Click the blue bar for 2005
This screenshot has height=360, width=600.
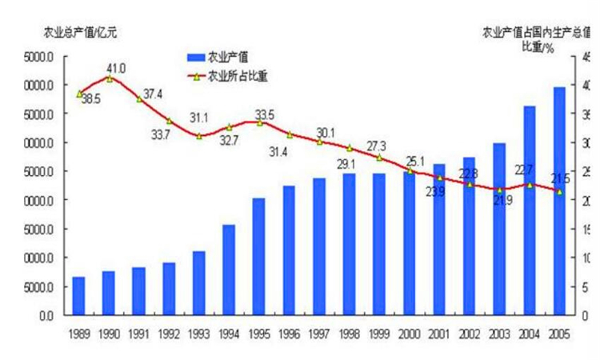point(559,201)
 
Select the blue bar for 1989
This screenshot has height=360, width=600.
point(78,296)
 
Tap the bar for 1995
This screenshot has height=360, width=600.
point(259,257)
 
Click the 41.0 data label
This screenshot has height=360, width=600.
point(117,67)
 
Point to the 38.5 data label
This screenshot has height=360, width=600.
point(90,100)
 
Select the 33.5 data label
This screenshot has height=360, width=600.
point(264,113)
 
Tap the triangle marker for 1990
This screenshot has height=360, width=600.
point(110,78)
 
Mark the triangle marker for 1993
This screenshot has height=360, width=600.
point(199,136)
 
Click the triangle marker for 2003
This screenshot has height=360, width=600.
point(499,190)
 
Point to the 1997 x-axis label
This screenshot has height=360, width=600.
point(319,332)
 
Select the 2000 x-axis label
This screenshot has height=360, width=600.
point(409,332)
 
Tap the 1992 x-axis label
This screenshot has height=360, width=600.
point(169,332)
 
